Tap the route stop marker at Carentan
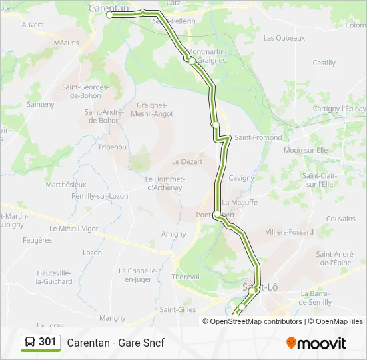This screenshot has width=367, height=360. pos(109,14)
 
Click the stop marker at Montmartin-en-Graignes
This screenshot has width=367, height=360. pos(191,61)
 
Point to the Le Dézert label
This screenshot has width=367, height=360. pos(187,161)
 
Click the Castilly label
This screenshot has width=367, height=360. pos(324,63)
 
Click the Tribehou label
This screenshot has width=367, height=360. pos(112,147)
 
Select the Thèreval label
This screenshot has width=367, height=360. pos(185,277)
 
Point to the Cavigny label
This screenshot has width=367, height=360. pos(242,178)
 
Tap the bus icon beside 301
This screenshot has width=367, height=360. pos(31,343)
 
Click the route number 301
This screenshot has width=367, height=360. pos(47,342)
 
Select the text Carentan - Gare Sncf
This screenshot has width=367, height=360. pos(115,343)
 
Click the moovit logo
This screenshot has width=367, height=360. pos(316,343)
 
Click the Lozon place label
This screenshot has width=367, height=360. pos(92,253)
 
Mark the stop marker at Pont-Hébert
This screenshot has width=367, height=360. pos(216,215)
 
